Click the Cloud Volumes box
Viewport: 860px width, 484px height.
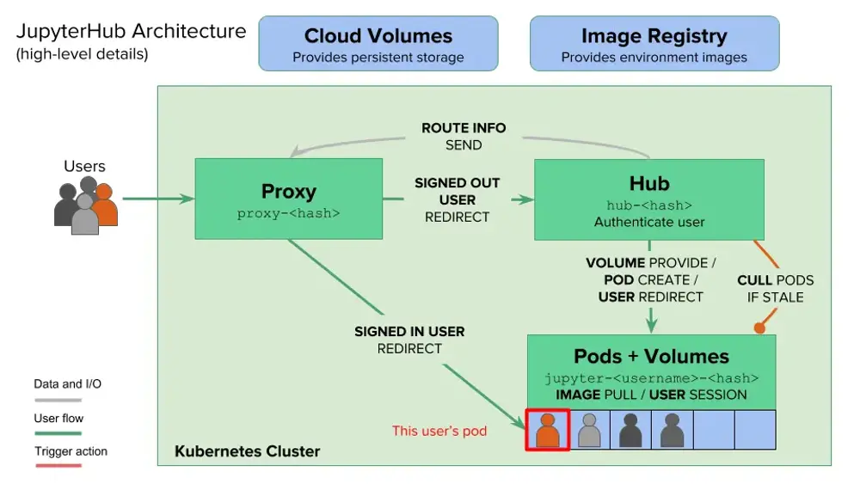[x=378, y=44]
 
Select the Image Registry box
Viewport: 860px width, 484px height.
[x=654, y=44]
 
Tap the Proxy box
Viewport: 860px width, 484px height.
[x=288, y=199]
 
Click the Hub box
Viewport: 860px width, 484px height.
[x=649, y=199]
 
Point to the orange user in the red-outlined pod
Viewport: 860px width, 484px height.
[x=547, y=429]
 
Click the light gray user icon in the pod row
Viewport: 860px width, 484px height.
[x=589, y=429]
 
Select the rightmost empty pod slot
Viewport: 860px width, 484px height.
[x=755, y=430]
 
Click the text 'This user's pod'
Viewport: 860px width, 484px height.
[x=439, y=431]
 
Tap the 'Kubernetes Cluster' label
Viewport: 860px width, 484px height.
[x=247, y=451]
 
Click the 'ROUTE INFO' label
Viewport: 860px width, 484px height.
[x=464, y=128]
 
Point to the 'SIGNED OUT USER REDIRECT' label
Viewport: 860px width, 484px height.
[x=457, y=199]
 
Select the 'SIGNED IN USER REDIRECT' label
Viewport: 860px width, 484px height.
[x=409, y=340]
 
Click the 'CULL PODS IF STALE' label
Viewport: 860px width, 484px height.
[x=775, y=289]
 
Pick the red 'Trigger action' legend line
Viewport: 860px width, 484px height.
[x=58, y=465]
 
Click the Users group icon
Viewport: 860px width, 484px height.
[x=85, y=207]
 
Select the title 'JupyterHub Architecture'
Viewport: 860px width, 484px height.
[x=131, y=32]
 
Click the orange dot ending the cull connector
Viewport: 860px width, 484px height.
[x=759, y=328]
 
